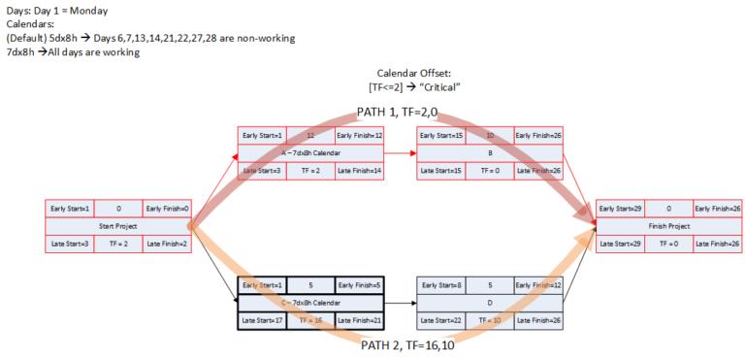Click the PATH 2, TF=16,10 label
[406, 344]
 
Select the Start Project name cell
[118, 226]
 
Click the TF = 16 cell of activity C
[310, 319]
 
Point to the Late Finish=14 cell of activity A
[359, 171]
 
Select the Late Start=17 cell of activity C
[262, 319]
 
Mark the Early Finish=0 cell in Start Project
[166, 208]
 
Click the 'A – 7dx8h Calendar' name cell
[310, 152]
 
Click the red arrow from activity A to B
[400, 152]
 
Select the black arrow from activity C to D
[400, 302]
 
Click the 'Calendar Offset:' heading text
[420, 74]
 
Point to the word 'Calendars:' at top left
[30, 23]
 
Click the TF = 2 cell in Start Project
[118, 244]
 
